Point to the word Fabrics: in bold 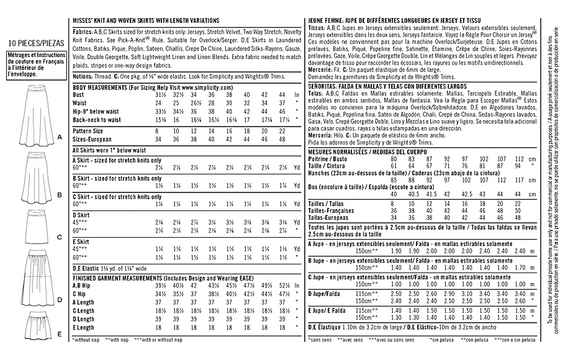point(85,30)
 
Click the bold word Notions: point(86,75)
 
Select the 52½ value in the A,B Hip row point(282,286)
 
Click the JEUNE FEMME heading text point(326,20)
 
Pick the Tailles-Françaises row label point(339,210)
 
